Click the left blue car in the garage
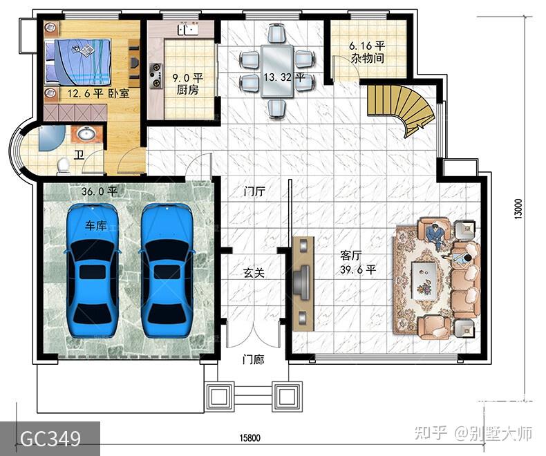pos(93,271)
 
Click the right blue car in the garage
pos(167,271)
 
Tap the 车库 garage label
pos(96,225)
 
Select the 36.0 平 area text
pos(100,191)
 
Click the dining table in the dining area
pos(278,71)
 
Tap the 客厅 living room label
pos(350,256)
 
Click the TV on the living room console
pos(302,281)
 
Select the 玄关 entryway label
pos(254,272)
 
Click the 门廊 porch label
pos(253,359)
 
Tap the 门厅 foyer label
pos(254,191)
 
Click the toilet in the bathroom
pos(64,165)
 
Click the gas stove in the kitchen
pos(156,75)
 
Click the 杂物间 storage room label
pos(368,58)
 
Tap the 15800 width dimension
pos(250,437)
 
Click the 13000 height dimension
pos(518,209)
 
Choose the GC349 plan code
pos(50,439)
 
